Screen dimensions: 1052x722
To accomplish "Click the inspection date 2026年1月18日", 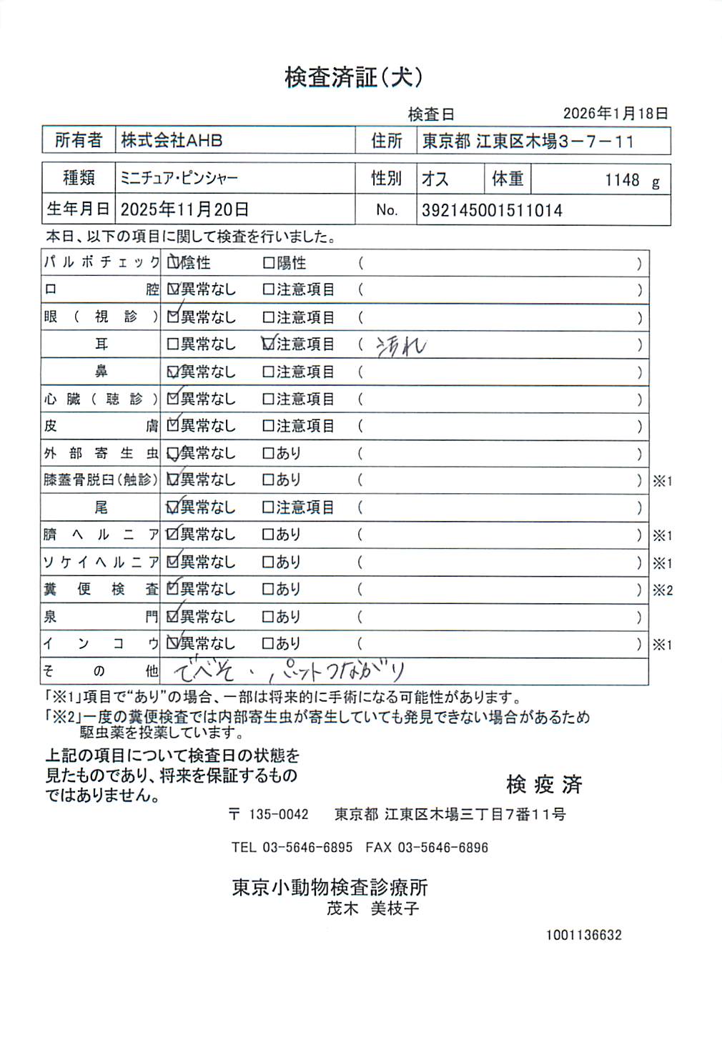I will (x=615, y=113).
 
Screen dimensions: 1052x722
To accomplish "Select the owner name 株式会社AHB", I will (x=172, y=140).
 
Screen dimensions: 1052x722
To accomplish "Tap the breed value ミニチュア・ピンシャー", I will (x=179, y=178).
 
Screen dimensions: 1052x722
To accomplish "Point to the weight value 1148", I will (x=622, y=180).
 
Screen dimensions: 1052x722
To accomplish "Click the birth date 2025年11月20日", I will (x=184, y=209).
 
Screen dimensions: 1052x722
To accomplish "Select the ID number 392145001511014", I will (x=492, y=210).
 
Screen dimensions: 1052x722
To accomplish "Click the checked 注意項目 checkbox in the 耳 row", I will (x=269, y=344).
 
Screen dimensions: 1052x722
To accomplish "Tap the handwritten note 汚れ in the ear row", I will (x=401, y=346).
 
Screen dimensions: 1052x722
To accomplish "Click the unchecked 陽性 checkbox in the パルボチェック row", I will (x=269, y=263).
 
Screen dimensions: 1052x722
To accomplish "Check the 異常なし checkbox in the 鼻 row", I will (x=173, y=372).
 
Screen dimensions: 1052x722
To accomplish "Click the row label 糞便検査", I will (x=100, y=589).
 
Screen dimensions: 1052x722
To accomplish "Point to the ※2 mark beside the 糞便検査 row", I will (x=663, y=590).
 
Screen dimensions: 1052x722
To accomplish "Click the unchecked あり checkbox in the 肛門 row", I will (x=269, y=616).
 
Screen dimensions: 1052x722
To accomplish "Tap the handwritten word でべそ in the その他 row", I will (x=204, y=671).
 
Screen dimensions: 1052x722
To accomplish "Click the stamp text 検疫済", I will (x=544, y=784).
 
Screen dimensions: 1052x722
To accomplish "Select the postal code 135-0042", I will (x=279, y=814).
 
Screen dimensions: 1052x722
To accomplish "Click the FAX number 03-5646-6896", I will (x=442, y=848).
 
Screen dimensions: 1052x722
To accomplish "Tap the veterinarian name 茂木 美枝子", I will (x=372, y=908).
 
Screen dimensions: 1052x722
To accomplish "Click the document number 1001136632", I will (x=583, y=935).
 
